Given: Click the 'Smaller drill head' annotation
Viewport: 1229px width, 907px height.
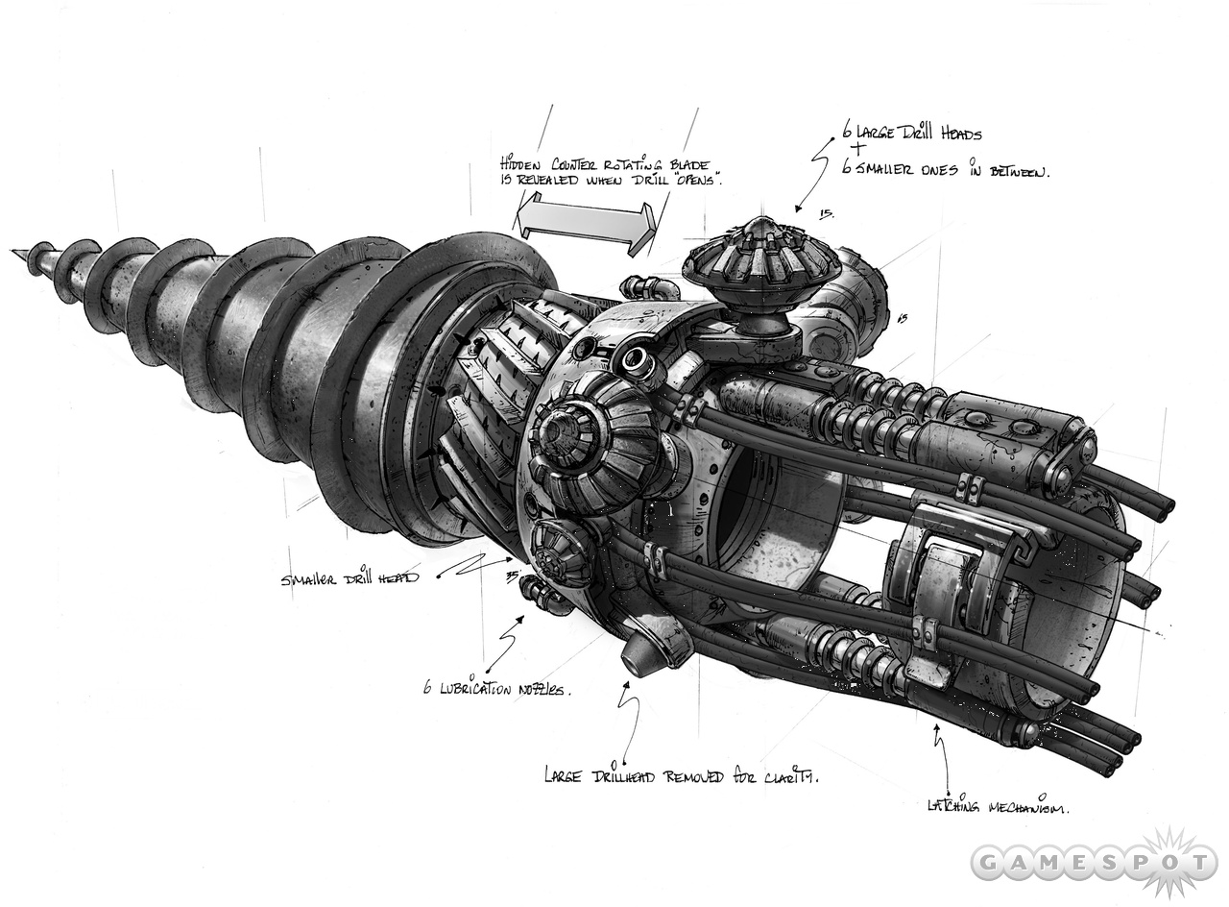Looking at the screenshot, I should (x=349, y=579).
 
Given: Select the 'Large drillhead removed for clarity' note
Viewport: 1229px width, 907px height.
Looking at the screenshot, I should (x=681, y=774).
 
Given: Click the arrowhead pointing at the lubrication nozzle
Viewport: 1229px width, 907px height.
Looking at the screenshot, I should (x=522, y=621).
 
